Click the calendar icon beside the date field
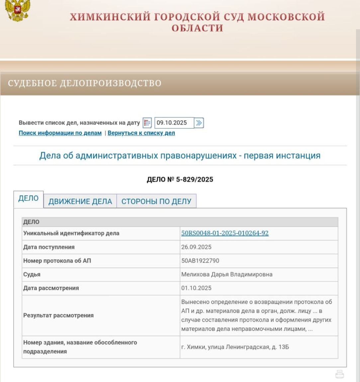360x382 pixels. [x=147, y=123]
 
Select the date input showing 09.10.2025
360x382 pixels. [x=174, y=123]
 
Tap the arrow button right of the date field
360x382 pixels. [x=199, y=123]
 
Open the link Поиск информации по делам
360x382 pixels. [x=60, y=133]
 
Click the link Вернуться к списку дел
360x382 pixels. [x=141, y=133]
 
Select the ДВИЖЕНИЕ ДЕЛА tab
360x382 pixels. [x=80, y=201]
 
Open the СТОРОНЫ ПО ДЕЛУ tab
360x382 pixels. [x=156, y=201]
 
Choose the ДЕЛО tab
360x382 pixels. [x=28, y=198]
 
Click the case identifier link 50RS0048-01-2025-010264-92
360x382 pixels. [x=225, y=233]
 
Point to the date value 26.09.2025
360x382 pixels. [x=196, y=247]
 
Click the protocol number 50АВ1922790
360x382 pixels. [x=200, y=261]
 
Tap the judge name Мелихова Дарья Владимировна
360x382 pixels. [x=227, y=274]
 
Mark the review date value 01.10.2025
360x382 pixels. [x=196, y=288]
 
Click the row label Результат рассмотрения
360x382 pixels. [x=58, y=315]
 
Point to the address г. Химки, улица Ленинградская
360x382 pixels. [x=235, y=347]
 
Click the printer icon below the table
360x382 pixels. [x=339, y=374]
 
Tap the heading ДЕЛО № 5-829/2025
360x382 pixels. [x=180, y=180]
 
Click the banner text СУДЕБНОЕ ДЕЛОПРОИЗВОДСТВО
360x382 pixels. [x=85, y=83]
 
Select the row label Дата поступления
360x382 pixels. [x=49, y=247]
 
